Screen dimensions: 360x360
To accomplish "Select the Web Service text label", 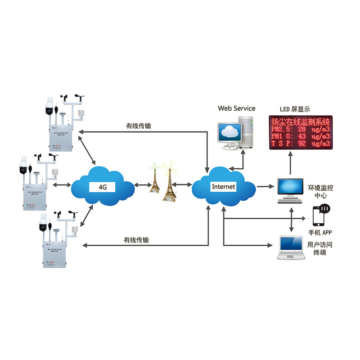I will [237, 108].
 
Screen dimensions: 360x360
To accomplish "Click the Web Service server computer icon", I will [235, 133].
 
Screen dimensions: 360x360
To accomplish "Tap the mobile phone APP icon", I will [320, 215].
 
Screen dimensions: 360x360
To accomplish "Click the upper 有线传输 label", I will [139, 126].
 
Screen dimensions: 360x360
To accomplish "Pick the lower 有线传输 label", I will [136, 240].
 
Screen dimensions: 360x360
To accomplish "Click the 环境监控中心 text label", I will [319, 191].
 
